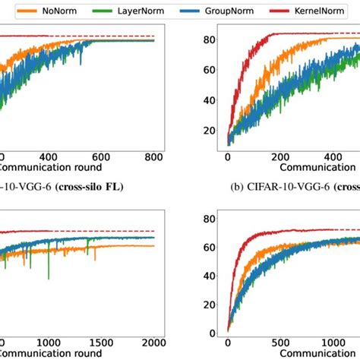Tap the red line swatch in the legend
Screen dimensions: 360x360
[x=280, y=11]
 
